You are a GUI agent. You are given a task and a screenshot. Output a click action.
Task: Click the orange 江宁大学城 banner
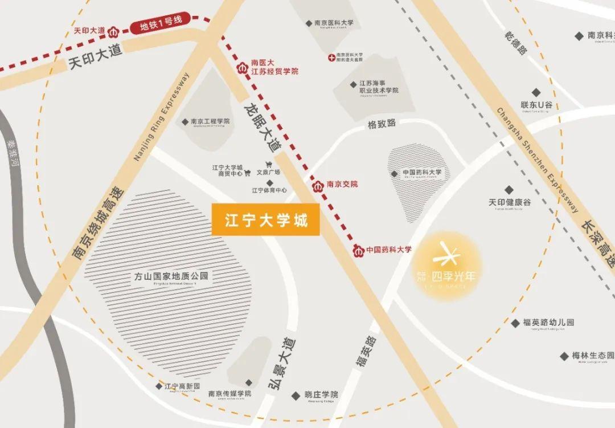tap(266, 219)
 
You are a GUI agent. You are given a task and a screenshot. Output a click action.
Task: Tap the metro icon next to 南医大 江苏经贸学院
tap(241, 69)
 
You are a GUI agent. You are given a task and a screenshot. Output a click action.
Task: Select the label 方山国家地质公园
tap(171, 276)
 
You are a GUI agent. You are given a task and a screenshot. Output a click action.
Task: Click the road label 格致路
tap(381, 124)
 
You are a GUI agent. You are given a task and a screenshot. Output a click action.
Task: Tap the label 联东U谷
tap(536, 105)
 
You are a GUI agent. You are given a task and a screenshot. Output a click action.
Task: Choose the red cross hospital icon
tap(332, 57)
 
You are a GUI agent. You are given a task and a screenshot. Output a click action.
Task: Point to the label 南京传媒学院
tap(229, 393)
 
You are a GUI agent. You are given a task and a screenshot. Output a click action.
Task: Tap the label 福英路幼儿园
tap(548, 322)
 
